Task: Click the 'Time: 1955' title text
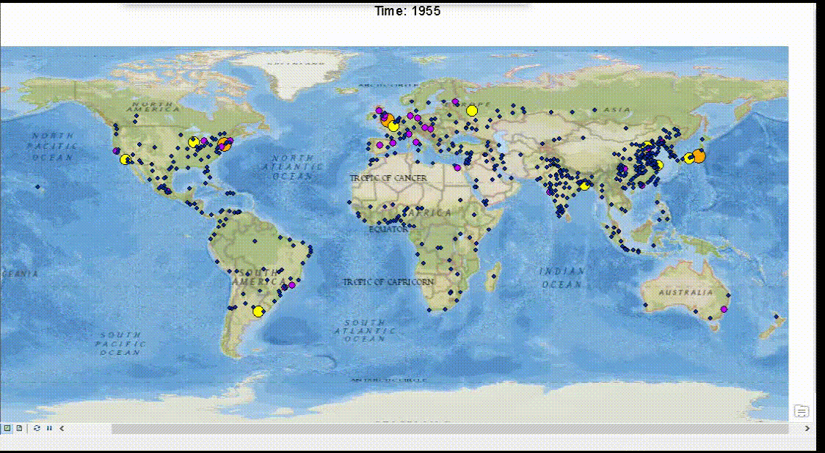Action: (x=407, y=11)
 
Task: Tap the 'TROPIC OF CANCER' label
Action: (x=388, y=178)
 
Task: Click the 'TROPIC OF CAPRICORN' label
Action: (x=389, y=281)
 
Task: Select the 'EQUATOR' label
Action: (x=388, y=229)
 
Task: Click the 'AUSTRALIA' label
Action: (x=685, y=292)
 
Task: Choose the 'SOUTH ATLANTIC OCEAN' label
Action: (x=365, y=331)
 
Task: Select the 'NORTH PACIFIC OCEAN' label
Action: (x=53, y=147)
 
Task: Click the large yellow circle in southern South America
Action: (x=258, y=312)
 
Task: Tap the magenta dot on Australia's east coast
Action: (x=724, y=309)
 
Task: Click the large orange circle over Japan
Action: (x=699, y=155)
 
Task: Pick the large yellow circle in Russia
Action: (x=471, y=111)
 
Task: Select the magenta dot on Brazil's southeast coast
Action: (x=291, y=284)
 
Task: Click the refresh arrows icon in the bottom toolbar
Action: (x=37, y=428)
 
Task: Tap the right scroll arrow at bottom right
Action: (x=807, y=428)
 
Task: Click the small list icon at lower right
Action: (x=802, y=411)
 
